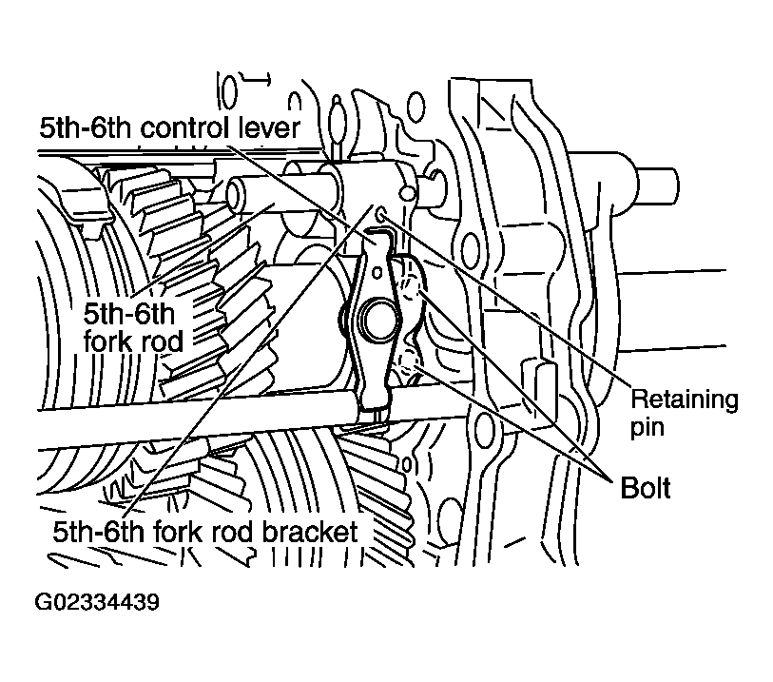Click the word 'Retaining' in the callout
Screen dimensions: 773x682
(685, 399)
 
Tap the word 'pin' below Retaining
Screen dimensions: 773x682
(647, 427)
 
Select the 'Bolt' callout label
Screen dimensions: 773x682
(646, 488)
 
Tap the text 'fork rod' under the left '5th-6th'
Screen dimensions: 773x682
(133, 341)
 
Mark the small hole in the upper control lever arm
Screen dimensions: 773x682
(377, 272)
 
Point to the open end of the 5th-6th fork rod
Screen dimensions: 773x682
(237, 195)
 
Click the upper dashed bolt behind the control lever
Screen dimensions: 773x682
(412, 288)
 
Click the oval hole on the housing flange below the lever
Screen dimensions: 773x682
(483, 426)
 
